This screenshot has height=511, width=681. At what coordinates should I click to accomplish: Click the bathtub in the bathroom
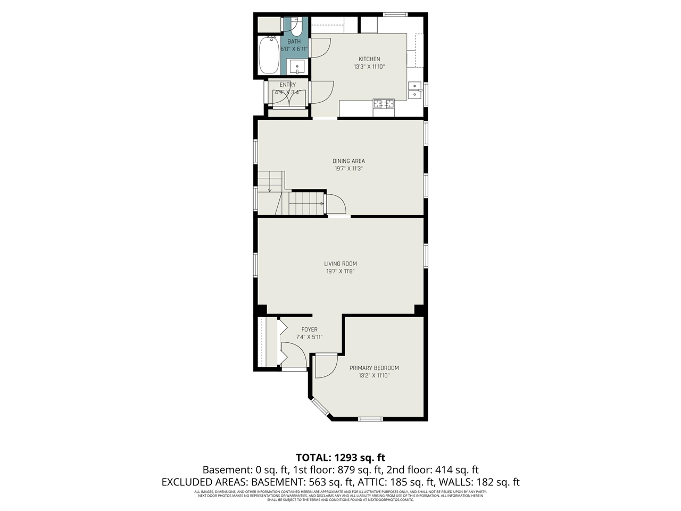coord(269,56)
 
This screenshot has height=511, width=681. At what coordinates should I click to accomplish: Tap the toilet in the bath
coord(296,26)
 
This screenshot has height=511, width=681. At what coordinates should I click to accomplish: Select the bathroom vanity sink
coord(297,67)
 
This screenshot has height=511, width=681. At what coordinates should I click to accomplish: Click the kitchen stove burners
coord(384,104)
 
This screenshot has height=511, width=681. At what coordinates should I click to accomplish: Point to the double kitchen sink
coord(415,90)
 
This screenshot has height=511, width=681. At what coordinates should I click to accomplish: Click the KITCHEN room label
coord(369,59)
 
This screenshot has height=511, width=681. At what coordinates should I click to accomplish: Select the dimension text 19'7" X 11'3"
coord(348,169)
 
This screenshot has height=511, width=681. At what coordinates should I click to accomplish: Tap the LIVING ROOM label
coord(340,263)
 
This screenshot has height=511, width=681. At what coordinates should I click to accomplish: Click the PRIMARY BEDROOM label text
coord(374,368)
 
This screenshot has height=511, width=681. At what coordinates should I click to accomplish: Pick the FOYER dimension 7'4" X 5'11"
coord(309,337)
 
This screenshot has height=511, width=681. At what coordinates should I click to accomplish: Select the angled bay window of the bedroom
coord(320,407)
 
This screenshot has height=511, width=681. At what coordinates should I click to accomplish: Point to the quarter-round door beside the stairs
coord(335,204)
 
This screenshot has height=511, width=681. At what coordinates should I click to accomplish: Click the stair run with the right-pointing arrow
coord(306,203)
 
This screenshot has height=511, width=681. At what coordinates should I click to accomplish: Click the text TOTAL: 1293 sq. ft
coord(340,457)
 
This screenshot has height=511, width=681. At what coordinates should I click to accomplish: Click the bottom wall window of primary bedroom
coord(370,419)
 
